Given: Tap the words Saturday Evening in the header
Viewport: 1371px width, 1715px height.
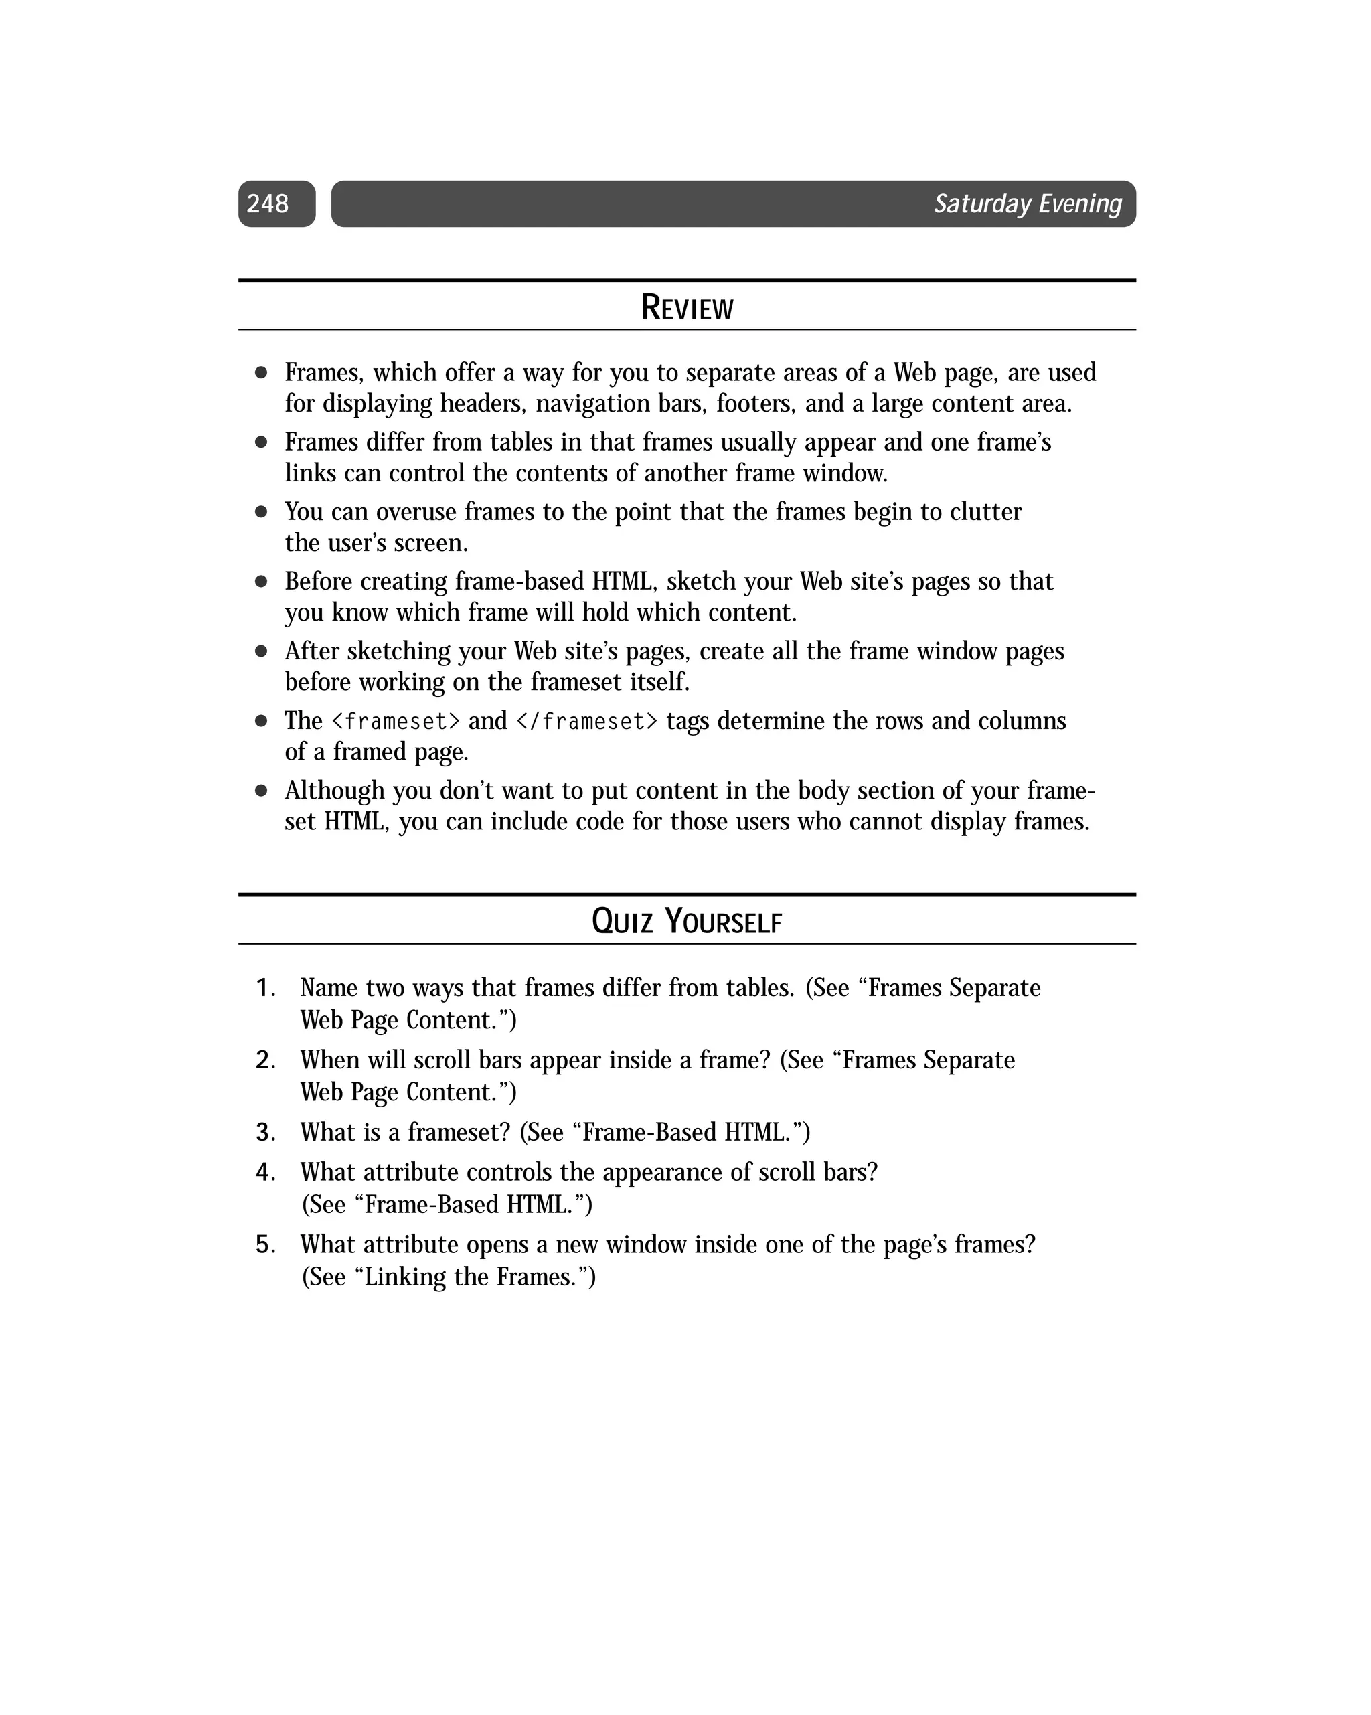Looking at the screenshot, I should (1028, 203).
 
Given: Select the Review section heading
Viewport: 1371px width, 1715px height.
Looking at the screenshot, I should (687, 308).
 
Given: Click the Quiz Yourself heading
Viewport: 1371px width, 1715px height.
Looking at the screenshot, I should (687, 922).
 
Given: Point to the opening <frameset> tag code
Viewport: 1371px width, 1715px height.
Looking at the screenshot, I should (396, 722).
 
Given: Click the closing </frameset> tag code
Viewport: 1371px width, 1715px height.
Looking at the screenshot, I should (587, 722).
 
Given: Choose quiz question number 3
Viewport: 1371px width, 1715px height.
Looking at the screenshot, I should (265, 1132).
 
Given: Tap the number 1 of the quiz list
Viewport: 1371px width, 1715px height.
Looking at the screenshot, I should (265, 988).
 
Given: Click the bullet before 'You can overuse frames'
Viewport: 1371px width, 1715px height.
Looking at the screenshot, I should (261, 511).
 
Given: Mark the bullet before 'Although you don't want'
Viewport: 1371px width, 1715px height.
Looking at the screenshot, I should (261, 791).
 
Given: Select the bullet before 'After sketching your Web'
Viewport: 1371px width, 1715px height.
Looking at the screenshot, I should (261, 651).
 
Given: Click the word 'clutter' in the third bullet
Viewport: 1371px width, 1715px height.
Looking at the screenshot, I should (986, 511).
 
